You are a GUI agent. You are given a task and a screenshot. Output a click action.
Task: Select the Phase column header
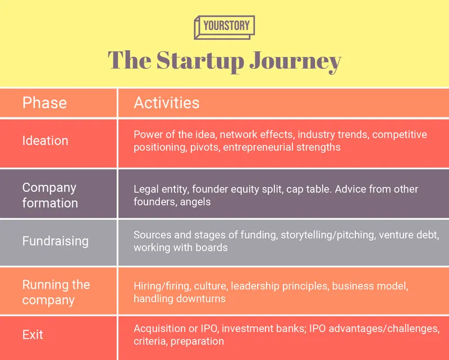pos(44,103)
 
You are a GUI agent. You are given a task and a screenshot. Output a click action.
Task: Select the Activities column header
pos(166,103)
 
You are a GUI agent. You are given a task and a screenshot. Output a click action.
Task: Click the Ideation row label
pos(45,141)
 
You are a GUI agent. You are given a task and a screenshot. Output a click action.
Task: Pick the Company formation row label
pos(49,195)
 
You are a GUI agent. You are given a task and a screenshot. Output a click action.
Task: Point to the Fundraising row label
pos(55,241)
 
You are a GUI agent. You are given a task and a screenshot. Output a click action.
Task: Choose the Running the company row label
pos(56,292)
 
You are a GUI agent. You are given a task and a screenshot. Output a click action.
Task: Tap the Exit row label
pos(33,335)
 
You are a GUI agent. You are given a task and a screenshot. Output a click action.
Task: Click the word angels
pos(195,202)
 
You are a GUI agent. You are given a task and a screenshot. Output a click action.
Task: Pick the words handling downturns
pos(180,299)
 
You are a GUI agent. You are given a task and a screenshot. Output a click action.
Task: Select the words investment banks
pos(273,329)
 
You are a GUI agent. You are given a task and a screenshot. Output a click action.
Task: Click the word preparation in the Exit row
pos(197,341)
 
